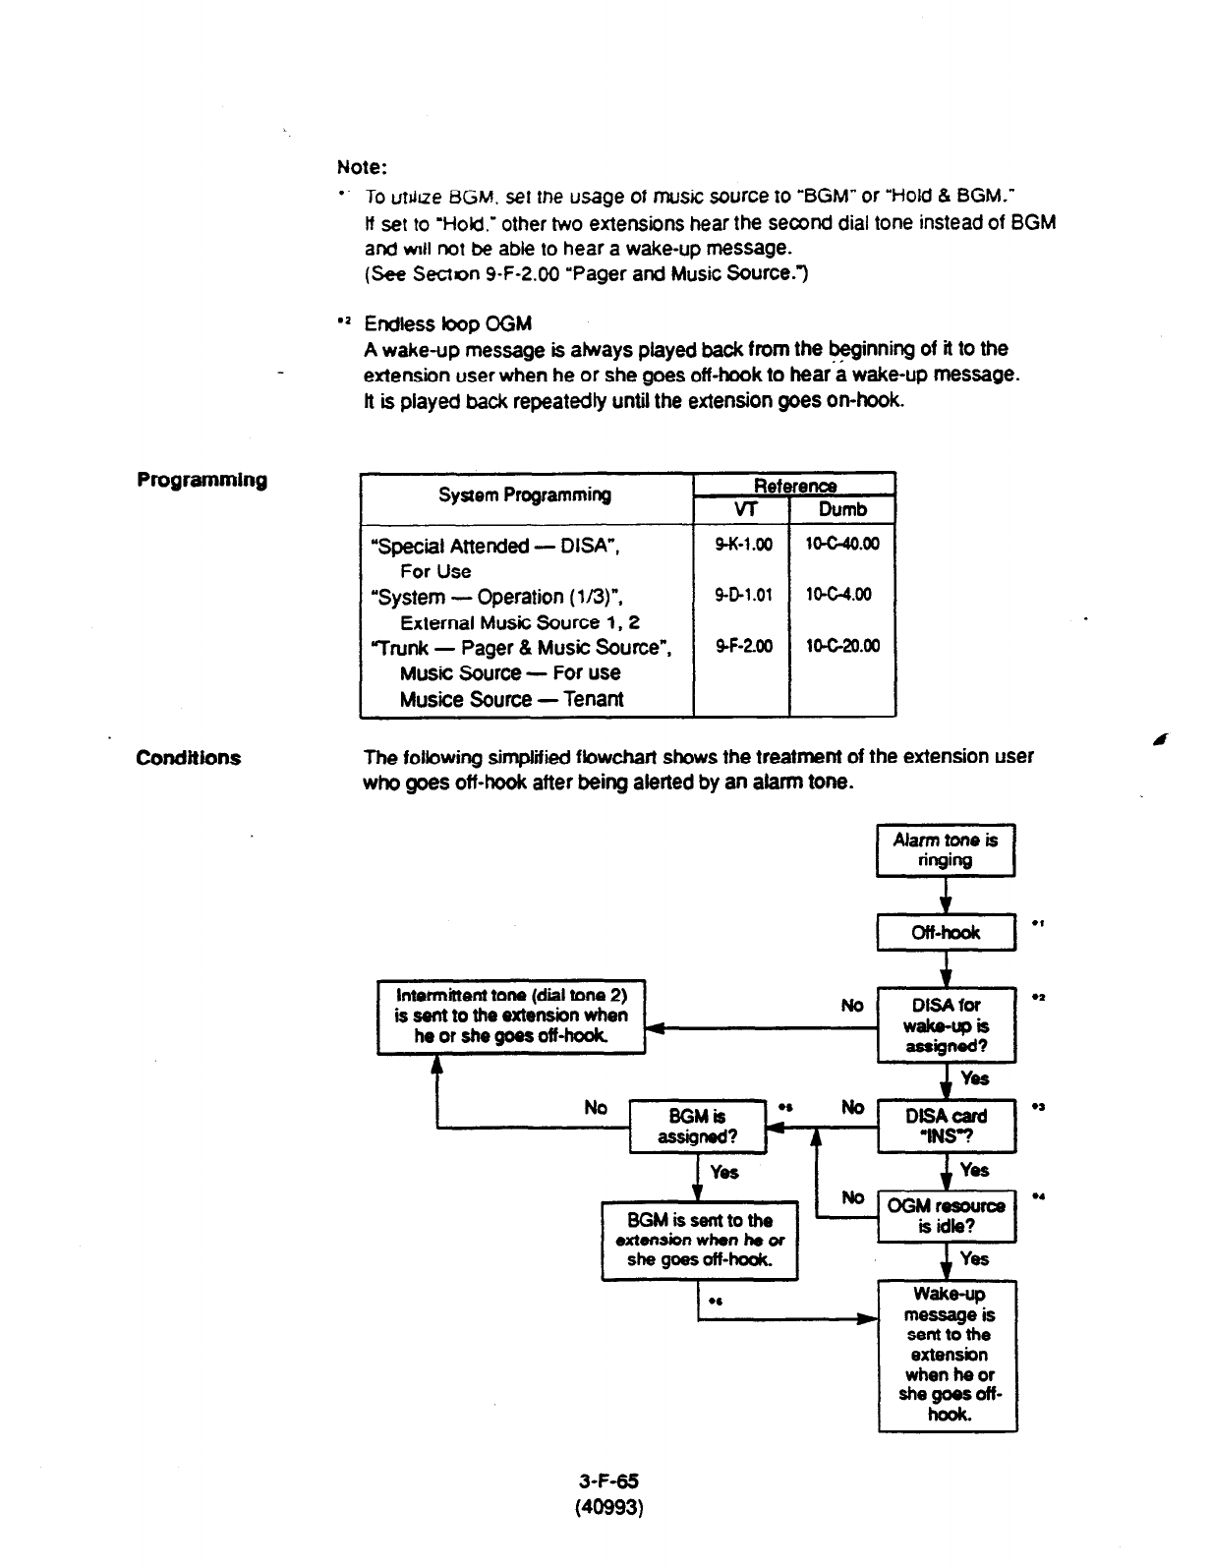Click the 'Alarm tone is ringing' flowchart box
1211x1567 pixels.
tap(945, 850)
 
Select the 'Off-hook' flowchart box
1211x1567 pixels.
tap(945, 932)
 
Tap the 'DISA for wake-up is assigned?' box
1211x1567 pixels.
tap(945, 1025)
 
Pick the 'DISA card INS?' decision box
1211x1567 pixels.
tap(945, 1127)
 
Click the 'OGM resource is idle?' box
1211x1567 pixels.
tap(945, 1216)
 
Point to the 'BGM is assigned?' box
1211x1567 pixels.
tap(697, 1127)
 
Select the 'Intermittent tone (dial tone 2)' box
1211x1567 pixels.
tap(511, 1016)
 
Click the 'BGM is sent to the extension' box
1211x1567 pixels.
tap(699, 1240)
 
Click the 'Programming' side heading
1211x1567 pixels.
tap(202, 481)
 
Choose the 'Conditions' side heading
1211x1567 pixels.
tap(188, 758)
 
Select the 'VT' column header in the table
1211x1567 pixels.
tap(740, 509)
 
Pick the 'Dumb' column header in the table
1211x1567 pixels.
tap(842, 509)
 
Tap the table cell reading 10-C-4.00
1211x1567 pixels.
tap(842, 595)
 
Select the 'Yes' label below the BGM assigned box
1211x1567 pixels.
tap(723, 1172)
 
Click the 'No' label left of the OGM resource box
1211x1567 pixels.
tap(853, 1197)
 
